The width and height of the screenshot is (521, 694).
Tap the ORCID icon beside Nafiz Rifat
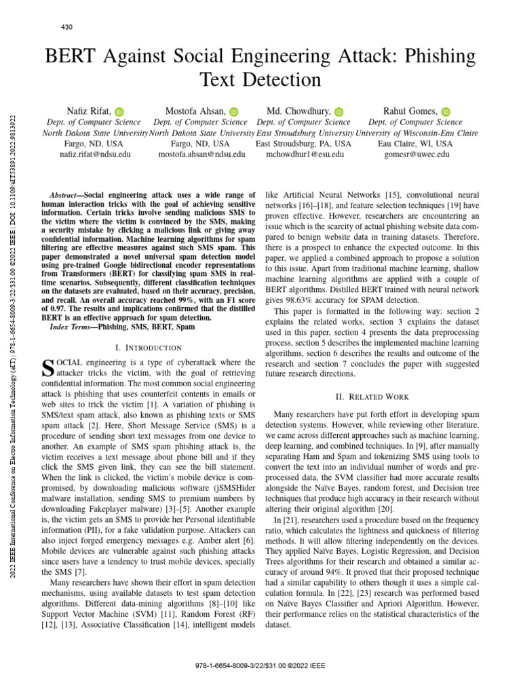119,111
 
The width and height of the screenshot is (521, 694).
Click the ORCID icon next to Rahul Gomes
446,111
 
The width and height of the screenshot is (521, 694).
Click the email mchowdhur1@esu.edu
305,155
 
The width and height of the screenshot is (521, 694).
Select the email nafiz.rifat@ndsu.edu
96,155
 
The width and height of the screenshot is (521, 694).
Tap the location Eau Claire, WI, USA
414,144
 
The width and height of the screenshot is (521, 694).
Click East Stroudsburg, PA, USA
303,144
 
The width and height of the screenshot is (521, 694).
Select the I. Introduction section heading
148,348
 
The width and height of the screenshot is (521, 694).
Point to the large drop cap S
47,368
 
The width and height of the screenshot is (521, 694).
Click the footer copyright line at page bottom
260,666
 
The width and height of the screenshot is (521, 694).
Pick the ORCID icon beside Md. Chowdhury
339,111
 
